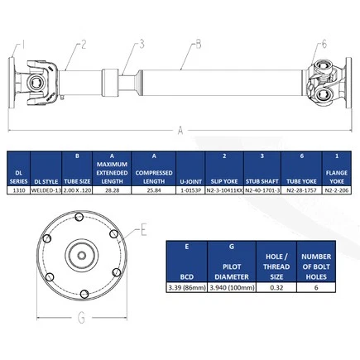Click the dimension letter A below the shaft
pos(180,129)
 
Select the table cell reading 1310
pos(22,190)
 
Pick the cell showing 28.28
pos(111,190)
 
